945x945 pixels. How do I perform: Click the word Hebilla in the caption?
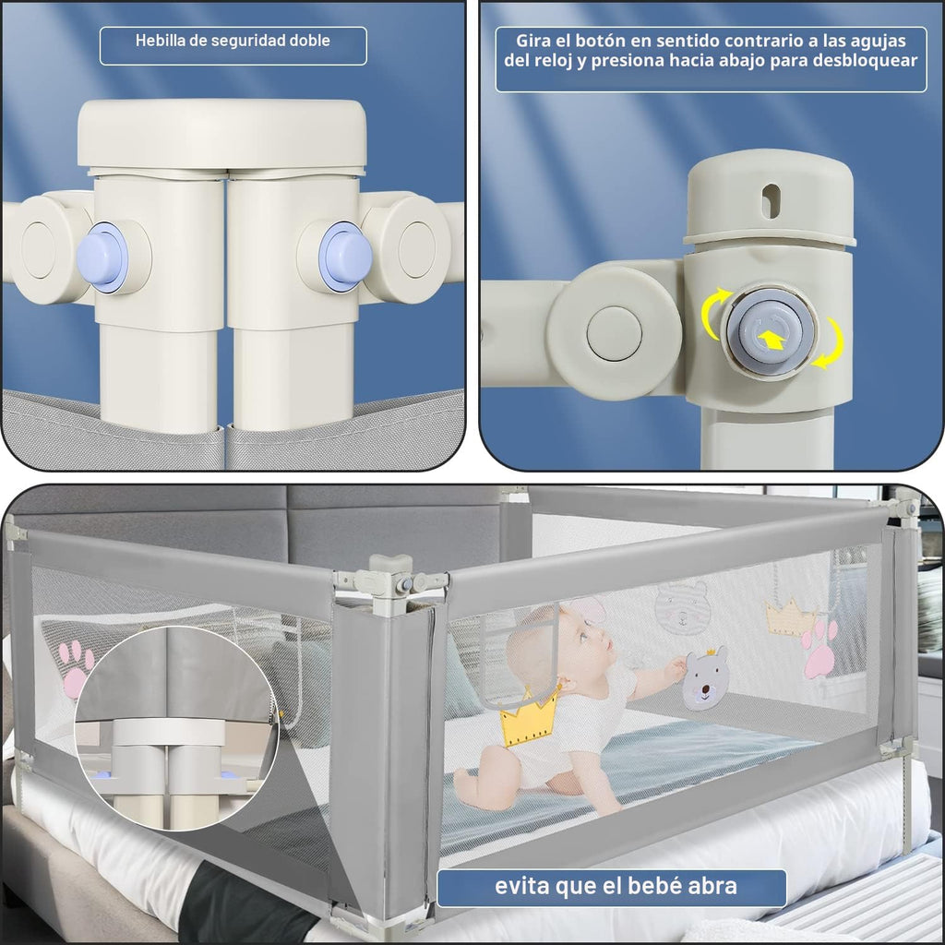point(154,41)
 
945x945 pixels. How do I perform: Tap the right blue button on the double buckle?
point(345,256)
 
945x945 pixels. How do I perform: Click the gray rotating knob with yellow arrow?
point(771,332)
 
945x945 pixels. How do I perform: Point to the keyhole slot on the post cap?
point(771,201)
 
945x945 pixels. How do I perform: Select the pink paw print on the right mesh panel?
point(819,649)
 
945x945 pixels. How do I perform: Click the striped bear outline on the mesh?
point(681,606)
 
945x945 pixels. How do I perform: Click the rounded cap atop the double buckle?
point(221,135)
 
